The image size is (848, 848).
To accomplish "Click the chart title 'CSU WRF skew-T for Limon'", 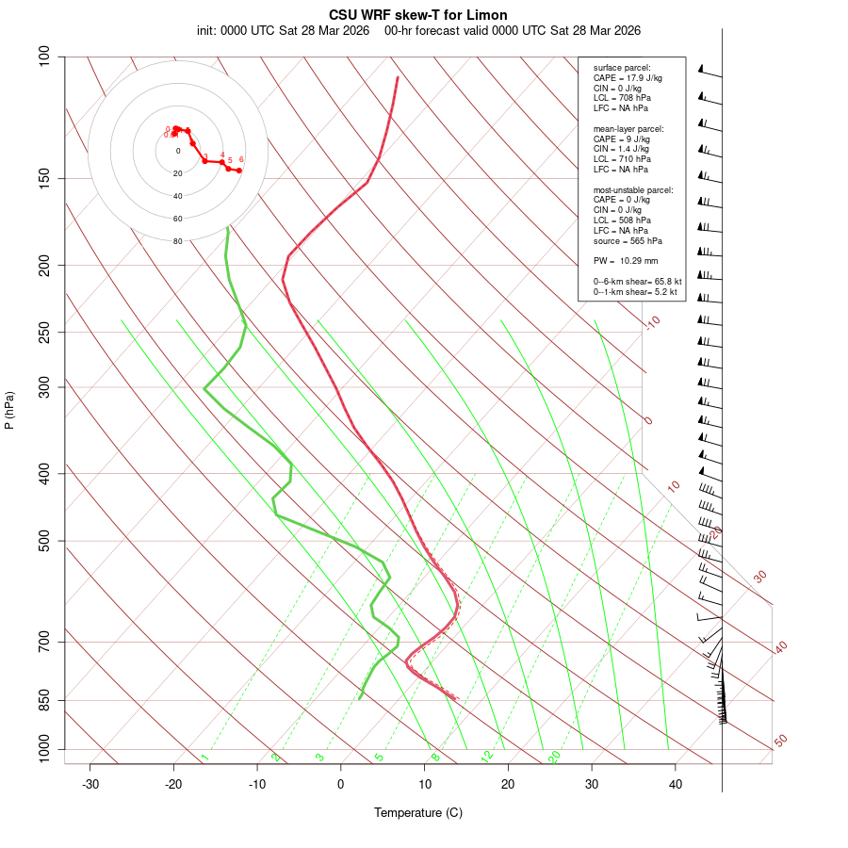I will [418, 15].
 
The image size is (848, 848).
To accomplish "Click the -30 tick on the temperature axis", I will [90, 784].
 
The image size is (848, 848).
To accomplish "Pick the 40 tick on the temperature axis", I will [676, 784].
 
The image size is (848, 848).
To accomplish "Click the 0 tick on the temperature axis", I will [341, 784].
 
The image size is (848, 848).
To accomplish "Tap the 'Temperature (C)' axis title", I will [418, 812].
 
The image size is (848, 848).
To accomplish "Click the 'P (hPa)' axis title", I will [9, 411].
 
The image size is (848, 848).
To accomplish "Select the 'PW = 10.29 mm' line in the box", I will [626, 260].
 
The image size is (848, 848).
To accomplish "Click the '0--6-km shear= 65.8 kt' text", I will [637, 281].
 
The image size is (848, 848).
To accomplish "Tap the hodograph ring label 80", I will [177, 241].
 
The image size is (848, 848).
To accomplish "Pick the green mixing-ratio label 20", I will [555, 756].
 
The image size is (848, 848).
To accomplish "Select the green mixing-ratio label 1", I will [204, 757].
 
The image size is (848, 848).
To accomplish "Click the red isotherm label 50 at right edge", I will [780, 742].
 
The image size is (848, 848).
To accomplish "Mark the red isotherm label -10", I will [651, 322].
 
